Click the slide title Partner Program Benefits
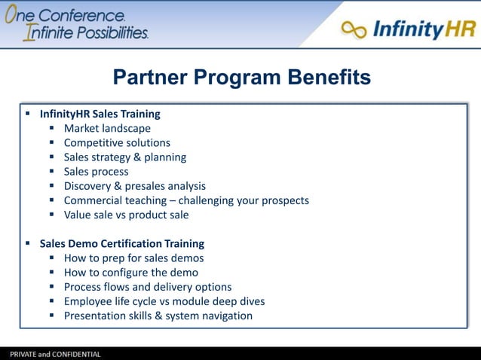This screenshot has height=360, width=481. [241, 77]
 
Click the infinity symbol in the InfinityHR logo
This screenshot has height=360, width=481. [354, 29]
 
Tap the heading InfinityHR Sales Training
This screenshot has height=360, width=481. [100, 114]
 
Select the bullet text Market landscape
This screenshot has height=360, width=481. [107, 128]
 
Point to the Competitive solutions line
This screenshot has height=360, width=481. [117, 142]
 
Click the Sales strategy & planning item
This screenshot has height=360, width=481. [124, 157]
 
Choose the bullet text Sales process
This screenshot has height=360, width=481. [96, 171]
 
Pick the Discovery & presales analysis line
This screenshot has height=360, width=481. [134, 185]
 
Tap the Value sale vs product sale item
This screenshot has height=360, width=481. [126, 214]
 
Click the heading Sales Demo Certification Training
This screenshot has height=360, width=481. [121, 243]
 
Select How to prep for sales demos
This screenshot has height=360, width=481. [133, 258]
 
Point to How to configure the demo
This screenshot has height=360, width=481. [130, 272]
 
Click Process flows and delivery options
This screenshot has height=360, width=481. [147, 286]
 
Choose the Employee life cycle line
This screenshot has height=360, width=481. [164, 301]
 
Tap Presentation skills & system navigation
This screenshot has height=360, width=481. [158, 315]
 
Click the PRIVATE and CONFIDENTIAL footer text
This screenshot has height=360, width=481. [54, 354]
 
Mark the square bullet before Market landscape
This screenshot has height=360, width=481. [53, 128]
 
